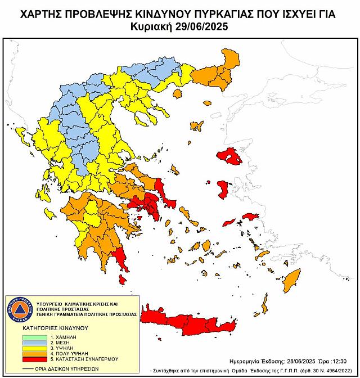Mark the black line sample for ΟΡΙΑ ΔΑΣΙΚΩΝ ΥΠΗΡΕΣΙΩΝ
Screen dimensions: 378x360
pyautogui.click(x=23, y=370)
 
